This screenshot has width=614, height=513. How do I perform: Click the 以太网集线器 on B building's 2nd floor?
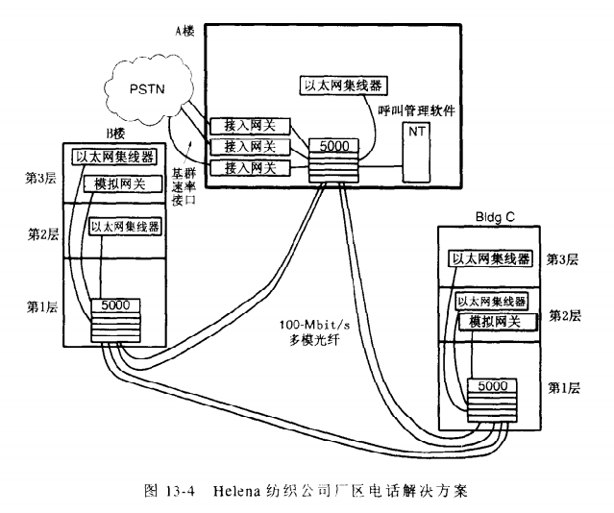pos(125,227)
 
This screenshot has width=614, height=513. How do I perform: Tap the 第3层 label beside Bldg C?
pos(562,259)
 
